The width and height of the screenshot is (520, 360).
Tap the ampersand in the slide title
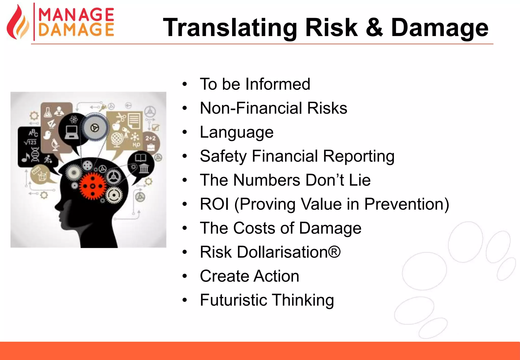[x=374, y=27]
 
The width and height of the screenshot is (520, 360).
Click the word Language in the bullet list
[x=236, y=132]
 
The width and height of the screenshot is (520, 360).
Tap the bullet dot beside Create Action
[x=185, y=276]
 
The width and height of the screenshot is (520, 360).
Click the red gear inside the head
[x=92, y=187]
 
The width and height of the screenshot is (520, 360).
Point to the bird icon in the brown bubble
[x=47, y=135]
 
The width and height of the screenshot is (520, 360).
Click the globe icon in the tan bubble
[x=117, y=139]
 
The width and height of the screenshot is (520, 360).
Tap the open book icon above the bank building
[x=140, y=158]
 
